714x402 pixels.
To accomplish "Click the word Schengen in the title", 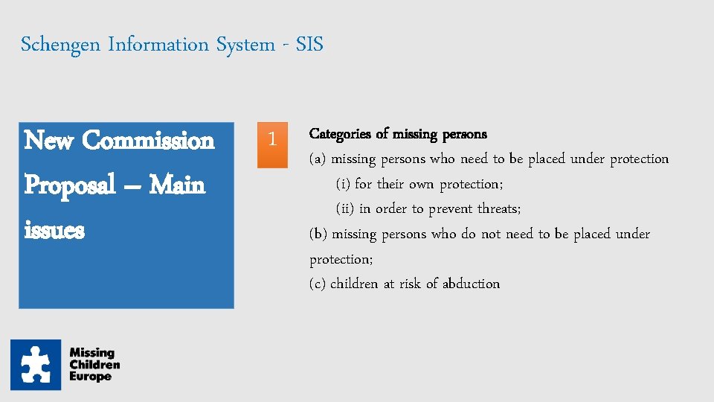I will coord(61,45).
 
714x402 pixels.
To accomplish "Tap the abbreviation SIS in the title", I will coord(309,45).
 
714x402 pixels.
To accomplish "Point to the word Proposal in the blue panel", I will coord(70,185).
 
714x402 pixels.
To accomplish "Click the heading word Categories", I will coord(340,134).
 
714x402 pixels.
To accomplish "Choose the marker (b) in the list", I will coord(318,234).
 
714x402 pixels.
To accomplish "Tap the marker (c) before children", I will coord(318,284).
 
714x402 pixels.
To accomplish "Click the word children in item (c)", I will coord(354,284).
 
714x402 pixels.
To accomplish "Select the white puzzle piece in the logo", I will coord(35,365).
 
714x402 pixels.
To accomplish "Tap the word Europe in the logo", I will coord(90,377).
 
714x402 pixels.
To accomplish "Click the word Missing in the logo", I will coord(91,353).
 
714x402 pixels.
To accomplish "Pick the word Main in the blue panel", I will coord(177,185).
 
